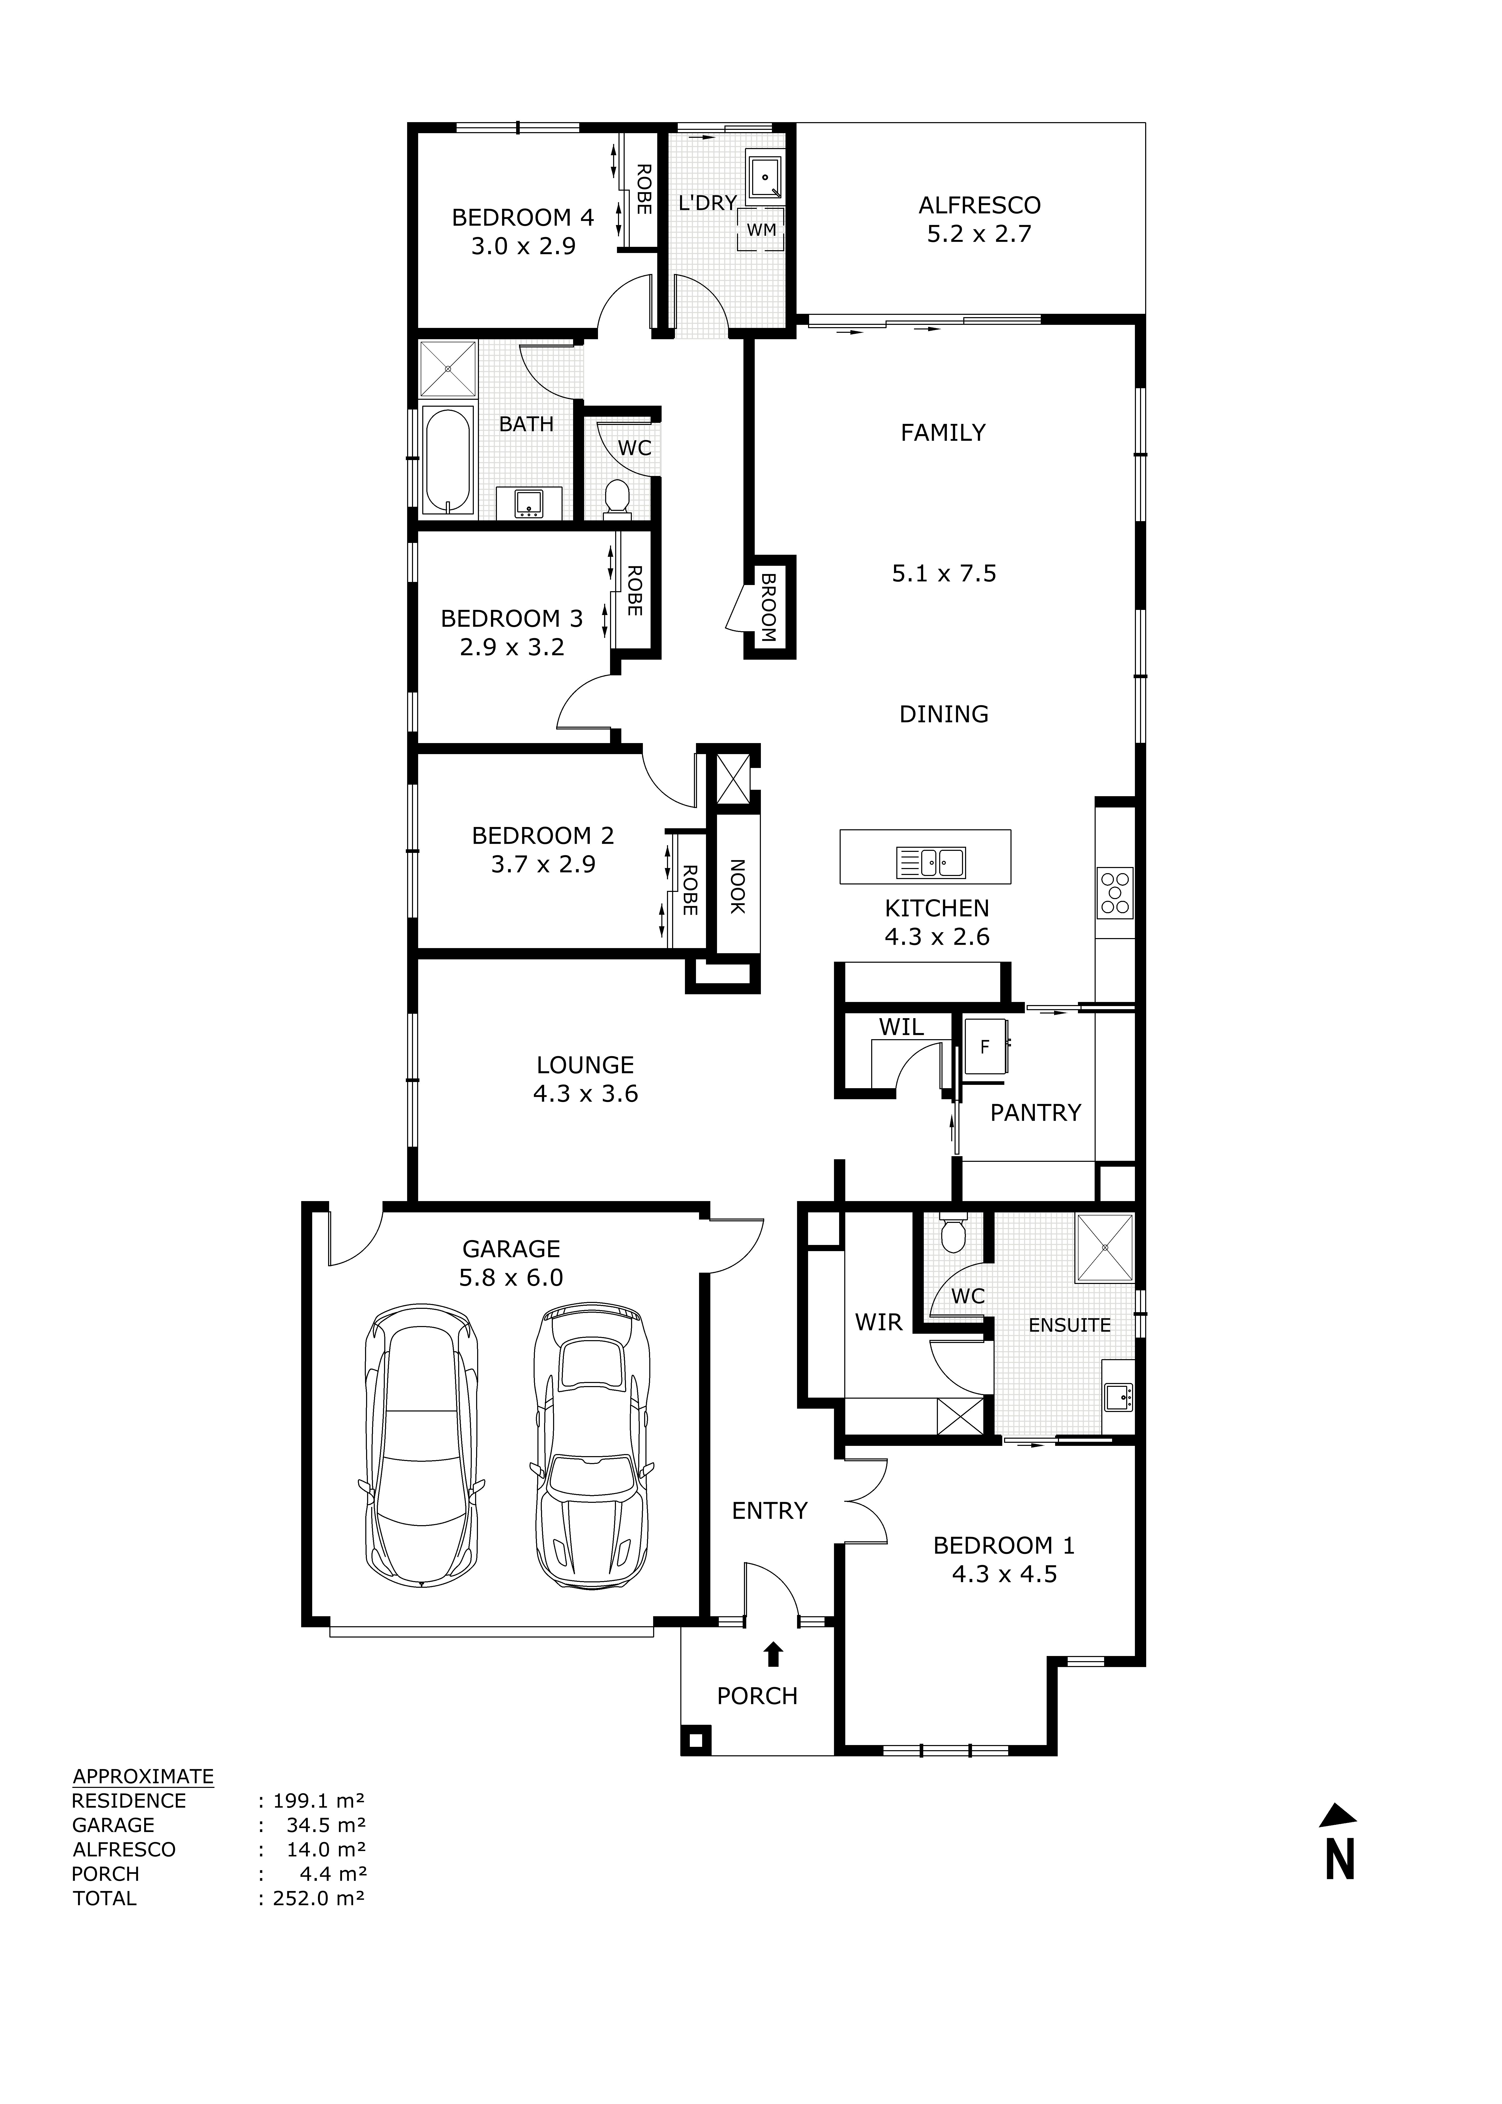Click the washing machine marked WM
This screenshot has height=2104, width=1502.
tap(761, 229)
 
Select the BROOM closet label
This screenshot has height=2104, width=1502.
tap(769, 608)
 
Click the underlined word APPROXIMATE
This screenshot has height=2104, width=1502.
tap(143, 1777)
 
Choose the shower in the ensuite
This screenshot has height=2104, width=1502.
tap(1105, 1248)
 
